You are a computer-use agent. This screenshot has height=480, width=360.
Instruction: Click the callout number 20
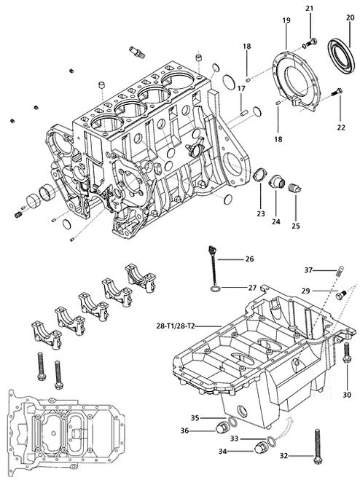click(351, 16)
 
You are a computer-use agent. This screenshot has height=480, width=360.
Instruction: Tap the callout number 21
click(309, 8)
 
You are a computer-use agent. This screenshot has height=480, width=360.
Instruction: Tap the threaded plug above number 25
click(294, 191)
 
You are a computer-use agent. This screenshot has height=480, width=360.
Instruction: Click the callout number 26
click(249, 259)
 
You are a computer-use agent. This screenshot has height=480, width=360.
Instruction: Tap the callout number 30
click(346, 394)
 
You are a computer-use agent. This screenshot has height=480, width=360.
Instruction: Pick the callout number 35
click(195, 417)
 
